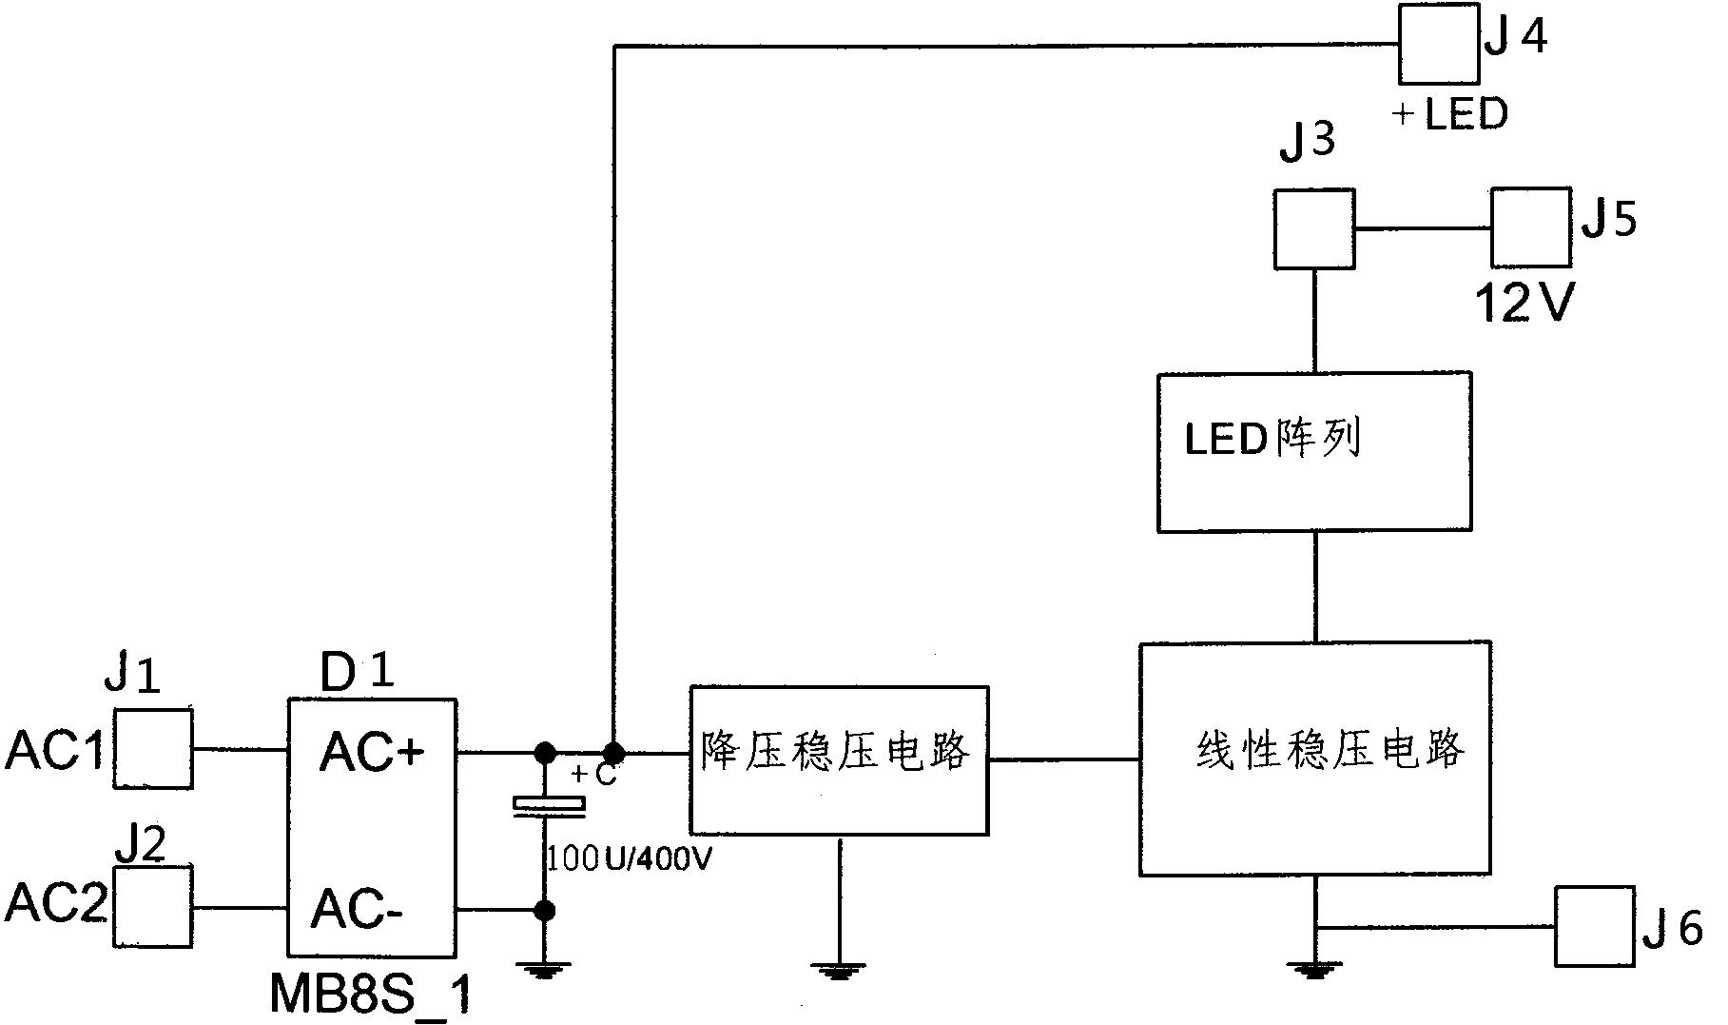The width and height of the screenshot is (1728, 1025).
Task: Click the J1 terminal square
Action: click(153, 749)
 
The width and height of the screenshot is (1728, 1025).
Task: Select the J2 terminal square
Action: click(153, 906)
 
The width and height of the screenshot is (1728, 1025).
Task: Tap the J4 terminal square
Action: click(1438, 44)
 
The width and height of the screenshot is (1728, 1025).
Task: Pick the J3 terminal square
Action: click(1314, 228)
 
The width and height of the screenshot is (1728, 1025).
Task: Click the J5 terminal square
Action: click(1530, 227)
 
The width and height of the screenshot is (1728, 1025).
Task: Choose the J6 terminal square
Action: click(1595, 926)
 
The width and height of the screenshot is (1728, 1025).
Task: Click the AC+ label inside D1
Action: click(372, 753)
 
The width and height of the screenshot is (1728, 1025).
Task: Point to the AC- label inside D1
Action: click(358, 909)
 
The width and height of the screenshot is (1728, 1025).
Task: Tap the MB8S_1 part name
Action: click(370, 995)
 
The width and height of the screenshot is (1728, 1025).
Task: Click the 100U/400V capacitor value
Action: click(628, 860)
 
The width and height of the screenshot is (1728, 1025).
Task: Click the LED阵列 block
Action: click(1314, 452)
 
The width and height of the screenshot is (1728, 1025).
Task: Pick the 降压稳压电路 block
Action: click(838, 760)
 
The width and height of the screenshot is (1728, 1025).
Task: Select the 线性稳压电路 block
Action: click(1314, 759)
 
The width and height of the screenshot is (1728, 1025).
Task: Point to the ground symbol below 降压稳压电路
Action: click(839, 971)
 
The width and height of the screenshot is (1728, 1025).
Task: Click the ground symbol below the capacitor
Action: click(545, 971)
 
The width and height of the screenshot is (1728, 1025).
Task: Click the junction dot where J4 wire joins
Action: click(615, 753)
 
